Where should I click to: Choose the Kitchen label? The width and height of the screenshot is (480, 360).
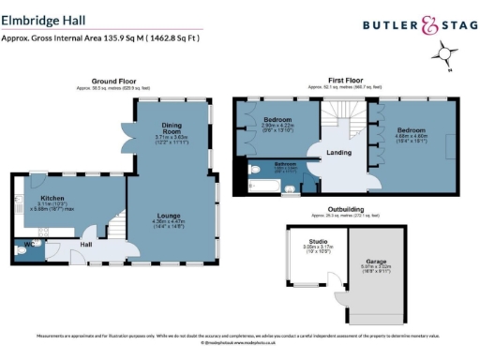(x=52, y=199)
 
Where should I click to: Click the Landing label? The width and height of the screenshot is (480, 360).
(x=338, y=152)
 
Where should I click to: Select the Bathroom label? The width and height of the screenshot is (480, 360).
(x=285, y=163)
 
